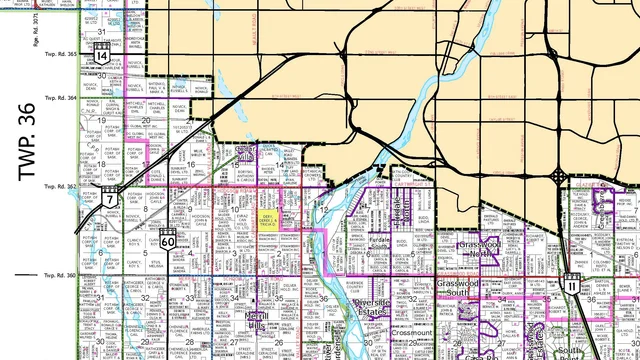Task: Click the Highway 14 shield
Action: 103,54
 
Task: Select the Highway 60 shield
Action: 167,240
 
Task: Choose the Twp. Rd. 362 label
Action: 59,186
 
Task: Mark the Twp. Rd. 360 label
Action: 59,274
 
